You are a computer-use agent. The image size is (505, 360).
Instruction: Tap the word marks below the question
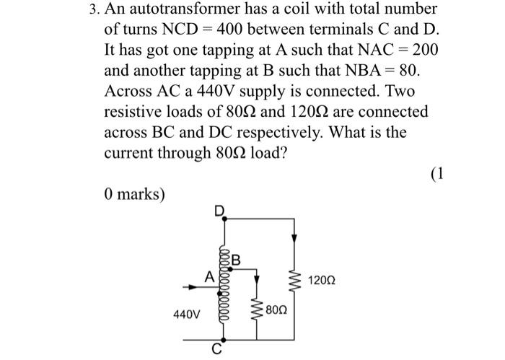[140, 195]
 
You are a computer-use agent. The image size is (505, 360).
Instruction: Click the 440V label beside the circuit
[186, 315]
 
